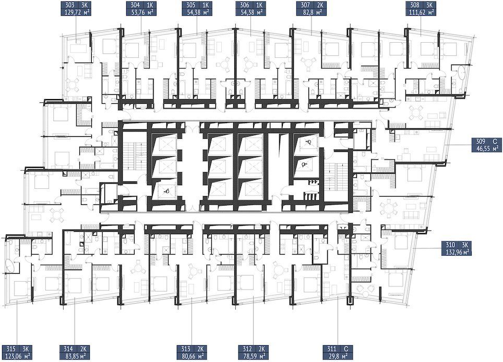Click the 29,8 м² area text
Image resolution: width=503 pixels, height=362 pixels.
pyautogui.click(x=338, y=356)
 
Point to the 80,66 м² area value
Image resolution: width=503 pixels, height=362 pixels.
pyautogui.click(x=192, y=356)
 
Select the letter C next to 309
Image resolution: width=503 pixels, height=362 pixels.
pyautogui.click(x=495, y=141)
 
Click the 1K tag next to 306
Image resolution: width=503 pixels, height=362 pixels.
pyautogui.click(x=259, y=5)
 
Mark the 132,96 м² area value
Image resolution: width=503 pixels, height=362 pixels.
pyautogui.click(x=459, y=252)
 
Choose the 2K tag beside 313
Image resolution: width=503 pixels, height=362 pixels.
pyautogui.click(x=201, y=348)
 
